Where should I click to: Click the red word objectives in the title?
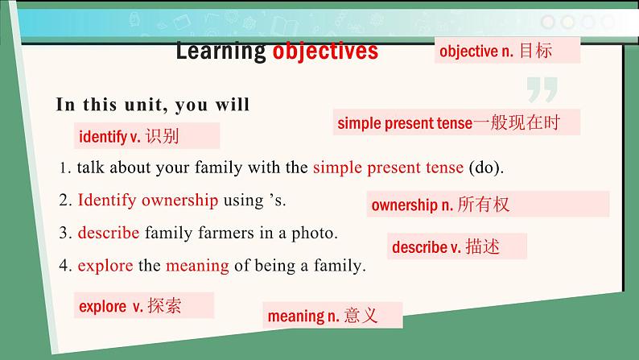tap(325, 52)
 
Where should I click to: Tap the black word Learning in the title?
tap(221, 52)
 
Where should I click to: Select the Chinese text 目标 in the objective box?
tap(536, 51)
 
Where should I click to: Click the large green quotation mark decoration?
tap(542, 89)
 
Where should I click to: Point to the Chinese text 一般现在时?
tap(517, 122)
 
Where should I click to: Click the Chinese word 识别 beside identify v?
tap(163, 136)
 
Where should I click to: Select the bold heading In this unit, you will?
tap(152, 105)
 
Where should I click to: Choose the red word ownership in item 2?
tap(179, 201)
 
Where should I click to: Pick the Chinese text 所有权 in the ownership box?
tap(484, 205)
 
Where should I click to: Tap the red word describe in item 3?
tap(109, 233)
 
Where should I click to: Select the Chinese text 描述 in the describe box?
tap(483, 246)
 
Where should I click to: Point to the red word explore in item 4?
tap(105, 266)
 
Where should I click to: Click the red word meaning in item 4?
tap(197, 267)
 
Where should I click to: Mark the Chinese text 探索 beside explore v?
tap(165, 305)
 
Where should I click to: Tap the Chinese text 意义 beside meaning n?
tap(361, 315)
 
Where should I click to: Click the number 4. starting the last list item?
tap(66, 266)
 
